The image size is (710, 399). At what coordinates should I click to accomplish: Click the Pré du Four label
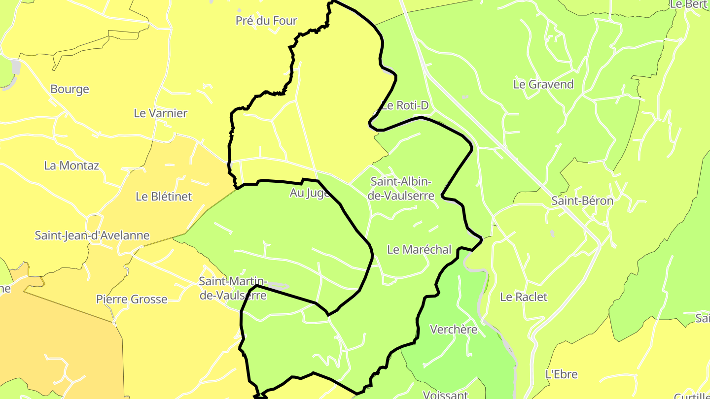pos(266,21)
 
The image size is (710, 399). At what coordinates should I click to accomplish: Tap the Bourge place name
pos(70,89)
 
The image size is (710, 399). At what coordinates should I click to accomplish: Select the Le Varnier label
pos(161,113)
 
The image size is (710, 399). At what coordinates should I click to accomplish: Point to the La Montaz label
pos(71,166)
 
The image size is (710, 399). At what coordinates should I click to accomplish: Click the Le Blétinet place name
pos(164,197)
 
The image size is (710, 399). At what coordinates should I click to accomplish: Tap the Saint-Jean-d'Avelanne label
pos(92,235)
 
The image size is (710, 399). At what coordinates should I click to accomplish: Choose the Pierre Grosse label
pos(132,299)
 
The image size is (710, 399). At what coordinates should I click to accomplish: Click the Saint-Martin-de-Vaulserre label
pos(232,288)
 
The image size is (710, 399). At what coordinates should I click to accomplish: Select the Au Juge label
pos(310,193)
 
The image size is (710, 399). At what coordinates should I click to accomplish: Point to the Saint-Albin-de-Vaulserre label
pos(402,189)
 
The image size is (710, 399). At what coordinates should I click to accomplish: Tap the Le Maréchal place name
pos(419,250)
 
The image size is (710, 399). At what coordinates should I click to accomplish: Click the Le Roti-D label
pos(405,105)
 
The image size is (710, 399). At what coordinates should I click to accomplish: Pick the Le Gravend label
pos(543,84)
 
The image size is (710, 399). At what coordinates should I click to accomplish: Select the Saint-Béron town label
pos(582,201)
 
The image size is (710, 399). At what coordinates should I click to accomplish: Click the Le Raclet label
pos(524,297)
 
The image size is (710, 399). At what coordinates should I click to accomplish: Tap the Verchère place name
pos(454,329)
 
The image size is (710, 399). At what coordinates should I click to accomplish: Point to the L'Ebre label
pos(562,374)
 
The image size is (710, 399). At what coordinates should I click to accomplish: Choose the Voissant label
pos(445,394)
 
